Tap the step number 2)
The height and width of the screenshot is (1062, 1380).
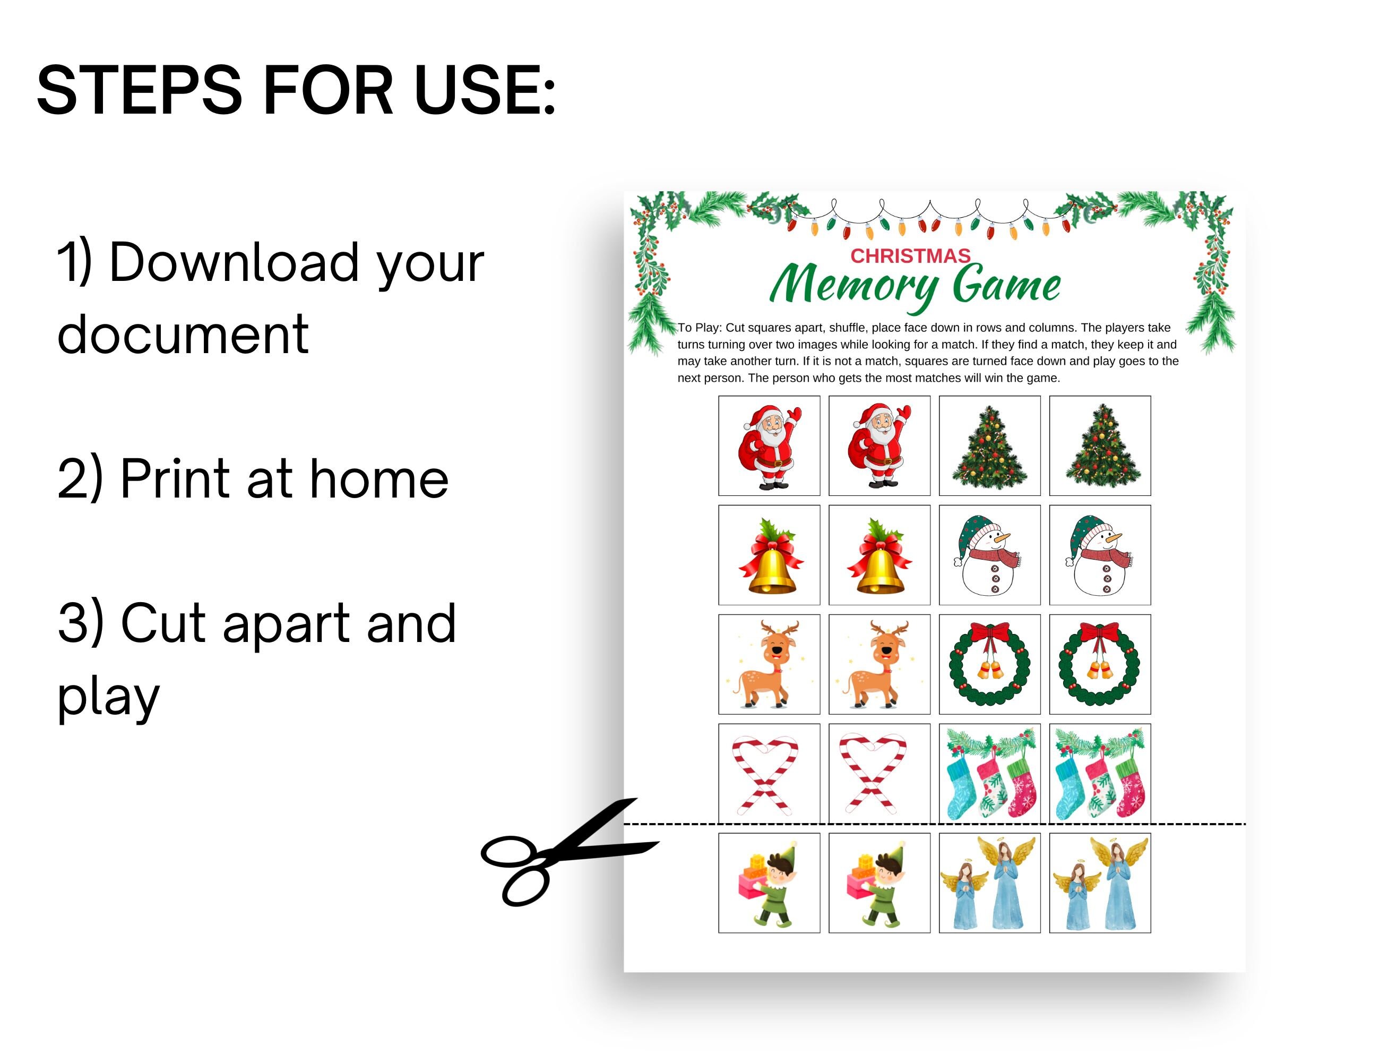coord(80,478)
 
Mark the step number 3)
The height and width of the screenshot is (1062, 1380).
coord(80,623)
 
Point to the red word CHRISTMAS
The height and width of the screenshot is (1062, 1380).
coord(910,256)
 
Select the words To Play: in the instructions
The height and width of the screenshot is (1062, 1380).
coord(700,328)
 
